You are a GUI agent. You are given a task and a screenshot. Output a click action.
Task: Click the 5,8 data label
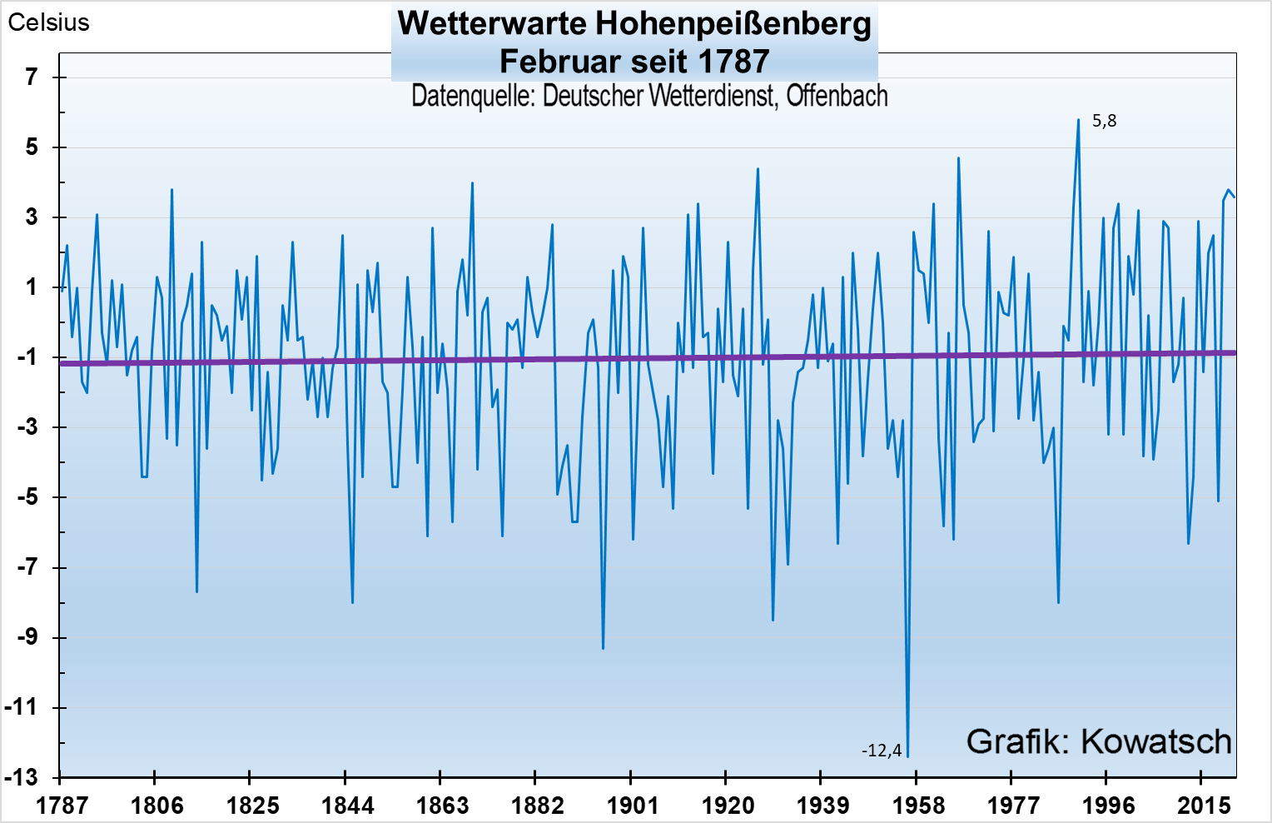1104,122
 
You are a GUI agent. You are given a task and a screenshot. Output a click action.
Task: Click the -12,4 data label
881,751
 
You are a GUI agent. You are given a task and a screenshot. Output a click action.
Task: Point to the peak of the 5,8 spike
1078,119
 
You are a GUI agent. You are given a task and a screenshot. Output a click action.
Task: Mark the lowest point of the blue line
907,756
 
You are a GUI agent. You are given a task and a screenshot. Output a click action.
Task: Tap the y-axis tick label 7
32,77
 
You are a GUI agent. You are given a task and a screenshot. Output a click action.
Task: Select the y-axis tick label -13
22,778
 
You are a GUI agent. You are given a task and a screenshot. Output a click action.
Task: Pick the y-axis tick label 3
32,217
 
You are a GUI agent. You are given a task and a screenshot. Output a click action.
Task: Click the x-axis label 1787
62,806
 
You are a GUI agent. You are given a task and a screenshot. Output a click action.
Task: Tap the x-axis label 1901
633,806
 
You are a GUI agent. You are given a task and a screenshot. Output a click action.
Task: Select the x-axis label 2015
1203,806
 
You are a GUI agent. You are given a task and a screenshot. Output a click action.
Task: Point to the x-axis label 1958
918,806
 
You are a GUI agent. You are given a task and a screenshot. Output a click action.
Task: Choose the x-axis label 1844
347,806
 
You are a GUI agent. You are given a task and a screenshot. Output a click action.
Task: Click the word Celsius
48,22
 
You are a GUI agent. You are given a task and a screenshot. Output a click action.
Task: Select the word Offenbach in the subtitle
837,96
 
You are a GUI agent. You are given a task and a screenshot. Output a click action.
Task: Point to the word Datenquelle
473,96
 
